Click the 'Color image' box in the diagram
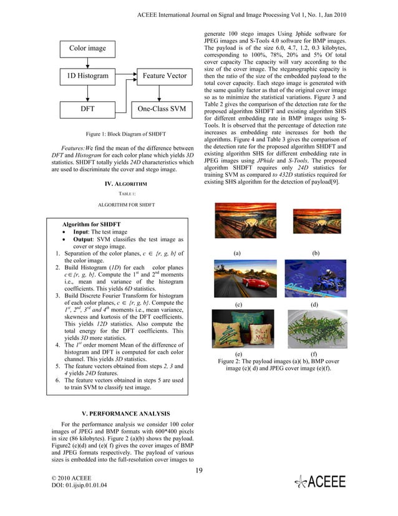click(x=87, y=48)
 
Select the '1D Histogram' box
click(x=87, y=77)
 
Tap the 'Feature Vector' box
click(x=161, y=77)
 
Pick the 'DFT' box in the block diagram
click(x=87, y=109)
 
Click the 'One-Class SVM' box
click(x=161, y=109)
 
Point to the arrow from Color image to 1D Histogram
click(x=87, y=62)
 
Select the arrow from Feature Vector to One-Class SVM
click(x=161, y=92)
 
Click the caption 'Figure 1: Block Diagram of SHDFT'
click(x=121, y=134)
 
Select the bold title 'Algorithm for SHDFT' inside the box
click(x=92, y=224)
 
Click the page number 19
click(x=199, y=470)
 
